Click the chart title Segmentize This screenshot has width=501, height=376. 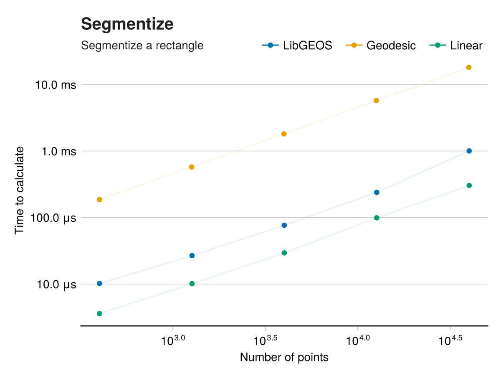click(x=127, y=24)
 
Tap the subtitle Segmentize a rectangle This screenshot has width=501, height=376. click(x=142, y=45)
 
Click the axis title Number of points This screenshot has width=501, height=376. click(x=284, y=358)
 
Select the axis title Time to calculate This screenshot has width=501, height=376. click(x=20, y=190)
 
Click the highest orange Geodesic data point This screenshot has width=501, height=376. click(x=468, y=67)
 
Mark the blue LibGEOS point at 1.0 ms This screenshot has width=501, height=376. click(x=469, y=151)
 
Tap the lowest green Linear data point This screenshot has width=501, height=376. click(x=99, y=313)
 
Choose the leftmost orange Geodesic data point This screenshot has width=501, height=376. click(x=99, y=200)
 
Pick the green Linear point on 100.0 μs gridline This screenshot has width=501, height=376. click(x=377, y=218)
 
